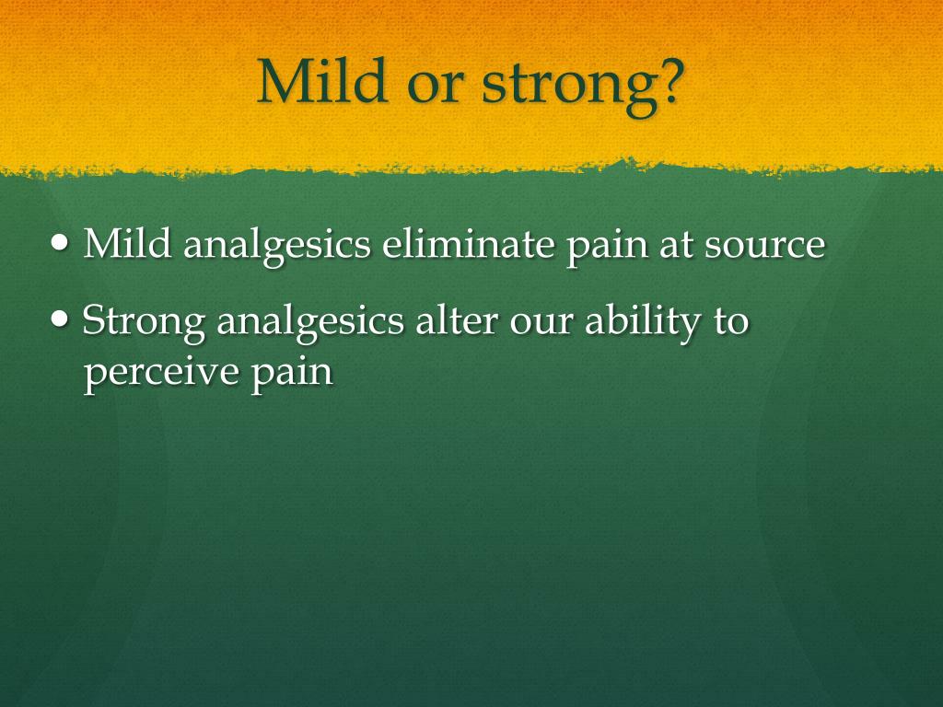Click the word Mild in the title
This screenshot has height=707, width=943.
coord(321,81)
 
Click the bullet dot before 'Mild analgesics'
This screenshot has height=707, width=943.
coord(60,243)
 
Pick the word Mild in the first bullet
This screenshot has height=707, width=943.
coord(127,243)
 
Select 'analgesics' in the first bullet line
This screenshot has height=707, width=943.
coord(276,247)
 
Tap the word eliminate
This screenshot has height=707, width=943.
coord(468,243)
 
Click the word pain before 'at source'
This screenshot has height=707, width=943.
coord(607,247)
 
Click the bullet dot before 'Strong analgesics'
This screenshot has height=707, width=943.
coord(60,319)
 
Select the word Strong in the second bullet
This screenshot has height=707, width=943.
coord(144,322)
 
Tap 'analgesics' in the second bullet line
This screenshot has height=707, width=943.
coord(310,323)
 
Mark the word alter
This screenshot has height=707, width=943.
coord(457,319)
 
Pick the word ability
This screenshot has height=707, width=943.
coord(643,323)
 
